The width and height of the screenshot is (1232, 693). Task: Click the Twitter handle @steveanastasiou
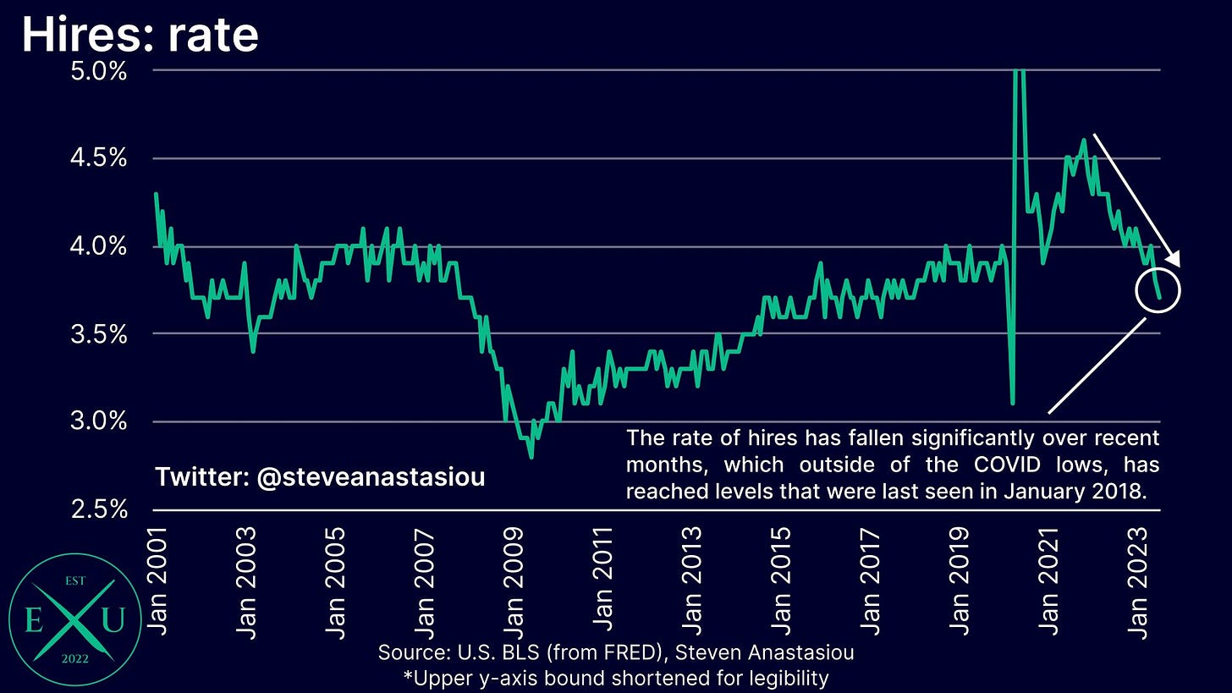319,477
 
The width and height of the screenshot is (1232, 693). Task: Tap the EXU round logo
70,620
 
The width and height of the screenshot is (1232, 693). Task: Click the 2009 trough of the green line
531,457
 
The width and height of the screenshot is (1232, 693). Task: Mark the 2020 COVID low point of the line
1013,403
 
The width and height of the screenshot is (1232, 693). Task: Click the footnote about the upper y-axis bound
615,677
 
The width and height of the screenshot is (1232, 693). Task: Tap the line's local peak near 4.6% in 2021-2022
1084,140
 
